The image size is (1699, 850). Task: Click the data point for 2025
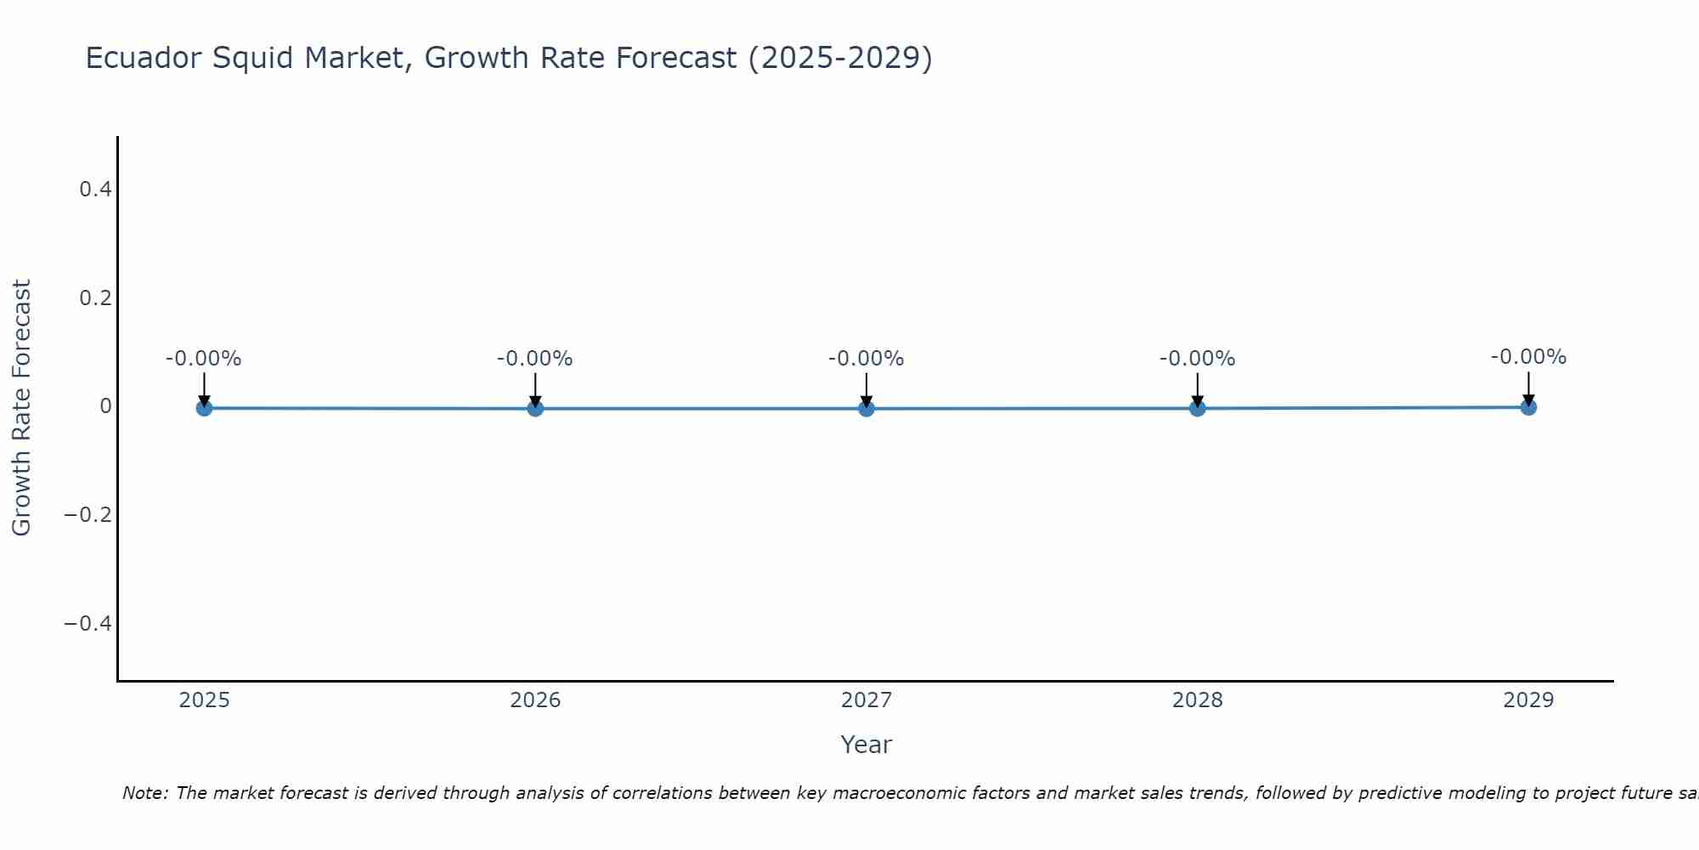[204, 408]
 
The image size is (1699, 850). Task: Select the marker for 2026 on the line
[535, 409]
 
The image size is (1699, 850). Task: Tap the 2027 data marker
[866, 409]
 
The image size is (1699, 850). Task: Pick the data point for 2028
[1198, 409]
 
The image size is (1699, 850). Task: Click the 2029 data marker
[1528, 407]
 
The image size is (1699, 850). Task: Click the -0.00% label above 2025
[204, 359]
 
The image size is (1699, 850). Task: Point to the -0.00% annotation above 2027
[866, 359]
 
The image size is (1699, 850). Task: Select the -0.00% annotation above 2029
[1528, 357]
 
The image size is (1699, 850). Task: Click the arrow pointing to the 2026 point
[535, 389]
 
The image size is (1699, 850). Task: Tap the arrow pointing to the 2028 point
[1198, 389]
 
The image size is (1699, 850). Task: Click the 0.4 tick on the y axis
[96, 190]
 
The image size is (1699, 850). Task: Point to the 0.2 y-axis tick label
[96, 298]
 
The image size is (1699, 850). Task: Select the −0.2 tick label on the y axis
[88, 515]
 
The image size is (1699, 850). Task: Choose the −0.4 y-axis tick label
[88, 624]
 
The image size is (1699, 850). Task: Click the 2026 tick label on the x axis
[535, 700]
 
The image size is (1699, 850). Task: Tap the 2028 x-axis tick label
[1198, 700]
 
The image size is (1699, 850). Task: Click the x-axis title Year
[866, 745]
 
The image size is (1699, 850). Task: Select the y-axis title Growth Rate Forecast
[22, 408]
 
